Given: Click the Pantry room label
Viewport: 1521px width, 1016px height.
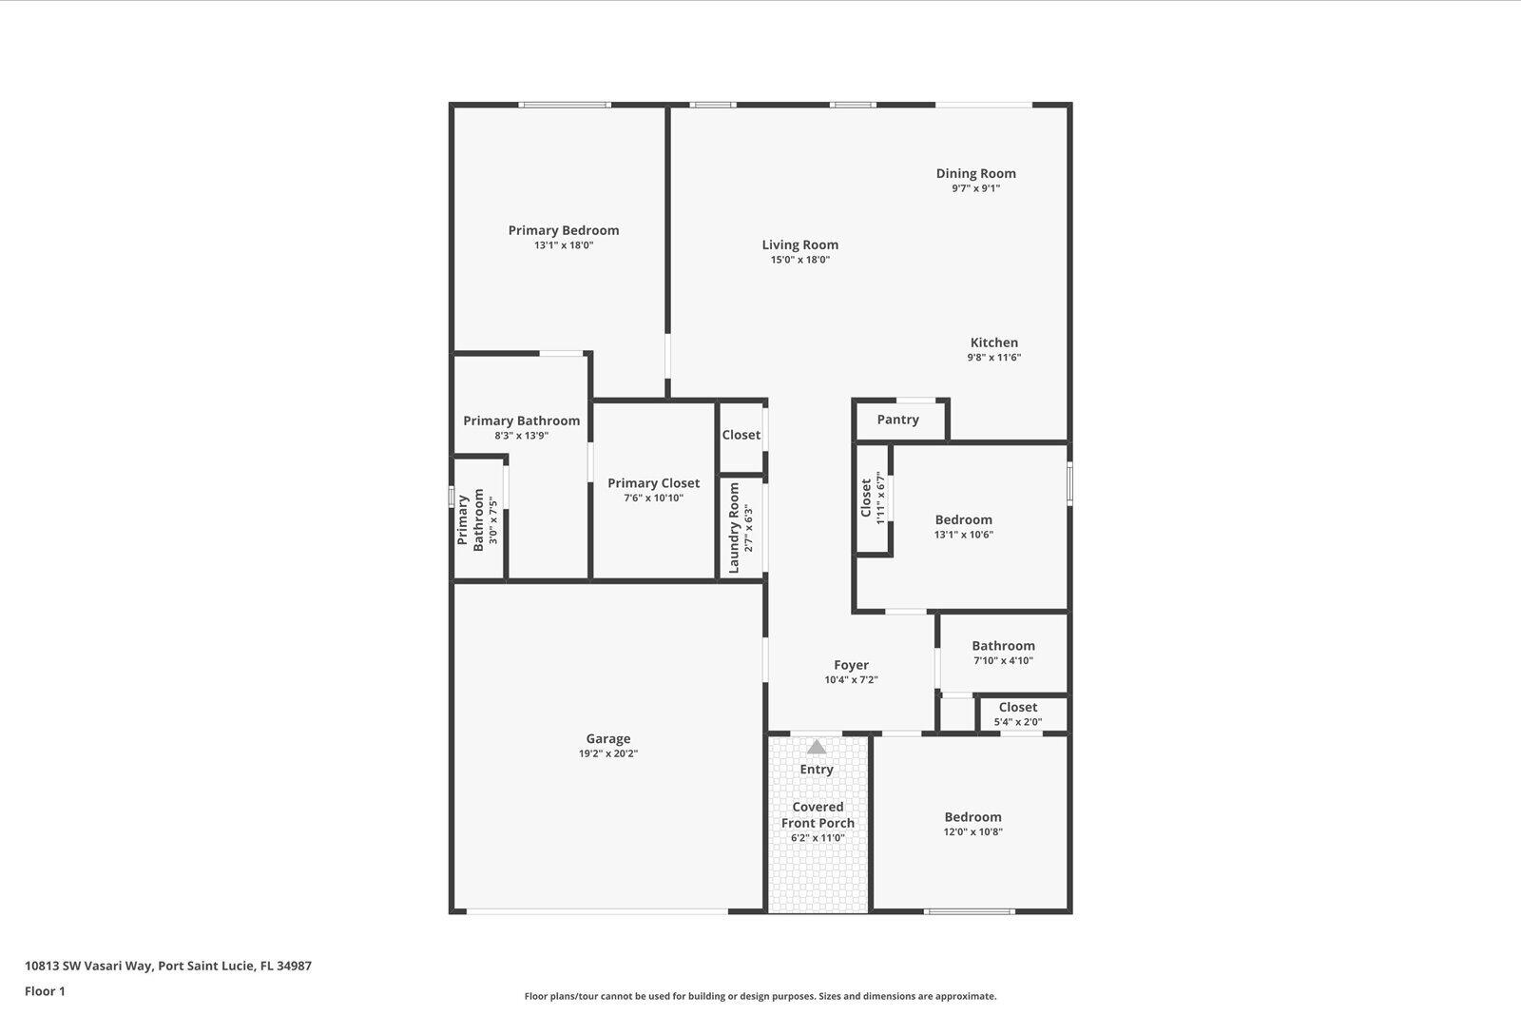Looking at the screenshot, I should point(897,420).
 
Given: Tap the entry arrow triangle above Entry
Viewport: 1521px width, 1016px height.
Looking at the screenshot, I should point(817,747).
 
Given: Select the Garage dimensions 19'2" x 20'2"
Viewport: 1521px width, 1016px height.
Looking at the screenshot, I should point(607,753).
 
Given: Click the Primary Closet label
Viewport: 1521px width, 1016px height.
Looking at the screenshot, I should point(653,483).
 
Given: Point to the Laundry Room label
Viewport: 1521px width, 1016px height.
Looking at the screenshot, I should point(734,528).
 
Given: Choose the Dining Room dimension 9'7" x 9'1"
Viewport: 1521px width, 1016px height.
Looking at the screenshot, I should point(975,188).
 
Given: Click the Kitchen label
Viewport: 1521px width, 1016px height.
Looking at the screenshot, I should point(993,342).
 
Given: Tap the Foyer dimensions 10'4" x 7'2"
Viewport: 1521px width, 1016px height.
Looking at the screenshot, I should point(851,680).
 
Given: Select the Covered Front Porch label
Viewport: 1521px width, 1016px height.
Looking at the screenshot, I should point(818,815).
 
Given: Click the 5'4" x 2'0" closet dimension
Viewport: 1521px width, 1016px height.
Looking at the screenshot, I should point(1017,722).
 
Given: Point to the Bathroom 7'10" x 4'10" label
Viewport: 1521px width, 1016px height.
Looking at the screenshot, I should point(1003,646).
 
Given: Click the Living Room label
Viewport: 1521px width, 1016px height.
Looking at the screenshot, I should point(799,244).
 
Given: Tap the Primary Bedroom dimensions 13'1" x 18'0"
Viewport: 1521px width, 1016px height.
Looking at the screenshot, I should point(563,245).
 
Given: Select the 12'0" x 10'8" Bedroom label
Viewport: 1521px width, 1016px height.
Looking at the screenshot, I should point(972,817).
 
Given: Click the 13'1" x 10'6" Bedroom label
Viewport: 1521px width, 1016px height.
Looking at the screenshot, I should point(963,519).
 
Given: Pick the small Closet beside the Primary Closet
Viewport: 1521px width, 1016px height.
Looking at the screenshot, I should point(741,435).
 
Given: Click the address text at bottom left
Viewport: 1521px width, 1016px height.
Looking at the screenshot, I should point(168,966).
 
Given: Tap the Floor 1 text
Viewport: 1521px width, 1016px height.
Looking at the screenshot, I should point(45,991).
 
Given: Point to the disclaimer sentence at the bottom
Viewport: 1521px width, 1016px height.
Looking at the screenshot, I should point(760,996).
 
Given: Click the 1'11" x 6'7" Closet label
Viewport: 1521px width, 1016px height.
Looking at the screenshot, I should point(866,498).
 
